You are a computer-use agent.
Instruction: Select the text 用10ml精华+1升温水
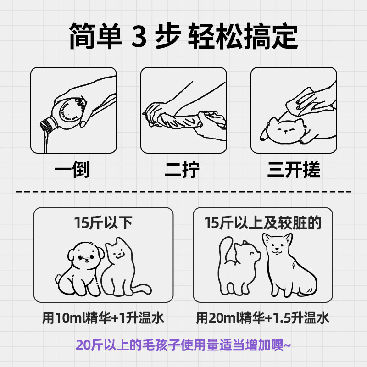103,318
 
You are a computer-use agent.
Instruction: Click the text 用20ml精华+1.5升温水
263,318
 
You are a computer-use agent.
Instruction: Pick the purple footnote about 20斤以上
183,344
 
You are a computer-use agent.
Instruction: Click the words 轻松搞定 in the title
243,36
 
